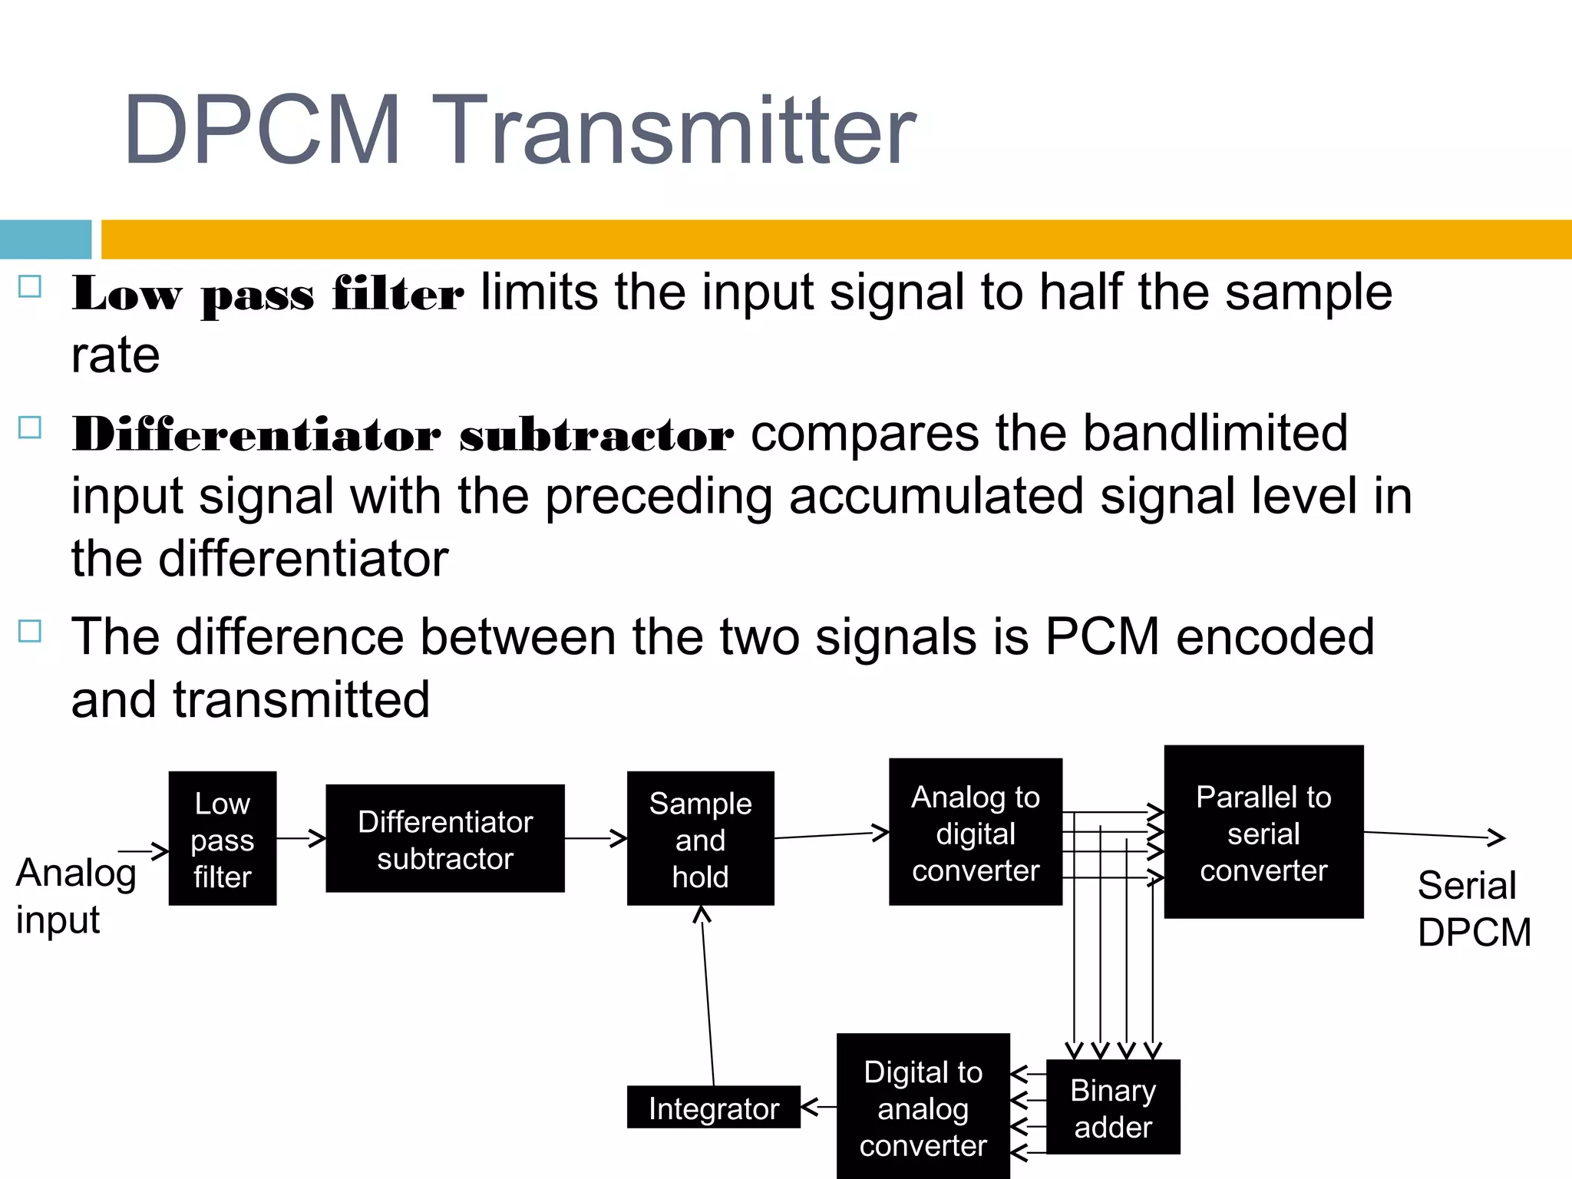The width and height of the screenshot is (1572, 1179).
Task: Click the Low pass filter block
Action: pos(223,839)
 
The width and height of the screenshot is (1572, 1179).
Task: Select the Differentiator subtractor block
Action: pos(445,839)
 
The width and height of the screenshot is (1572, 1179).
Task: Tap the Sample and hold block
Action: pos(700,839)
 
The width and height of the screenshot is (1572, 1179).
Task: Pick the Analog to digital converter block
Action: pos(976,833)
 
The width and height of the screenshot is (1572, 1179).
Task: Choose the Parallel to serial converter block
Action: pos(1263,833)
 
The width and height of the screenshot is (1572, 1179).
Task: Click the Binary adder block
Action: pos(1113,1108)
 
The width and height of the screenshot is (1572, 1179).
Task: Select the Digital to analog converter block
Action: pos(923,1108)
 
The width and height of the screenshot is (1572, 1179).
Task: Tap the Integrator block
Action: pos(713,1108)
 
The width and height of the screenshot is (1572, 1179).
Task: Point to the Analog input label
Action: pos(75,896)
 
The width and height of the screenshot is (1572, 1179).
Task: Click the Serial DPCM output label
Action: pos(1474,909)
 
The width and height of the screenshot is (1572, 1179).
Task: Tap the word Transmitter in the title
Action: pos(679,130)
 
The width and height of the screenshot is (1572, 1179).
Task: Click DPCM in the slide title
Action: pos(262,130)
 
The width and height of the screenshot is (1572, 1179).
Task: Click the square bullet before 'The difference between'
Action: pos(30,631)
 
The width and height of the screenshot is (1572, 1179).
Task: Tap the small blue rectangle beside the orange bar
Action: pos(45,239)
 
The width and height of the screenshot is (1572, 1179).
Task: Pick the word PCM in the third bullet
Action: pos(1101,637)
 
